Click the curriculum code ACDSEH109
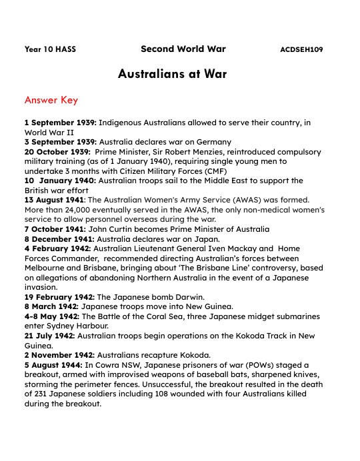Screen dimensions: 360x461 tap(302, 50)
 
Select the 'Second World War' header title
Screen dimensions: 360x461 tap(183, 49)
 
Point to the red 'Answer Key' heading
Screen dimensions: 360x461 tap(51, 101)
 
